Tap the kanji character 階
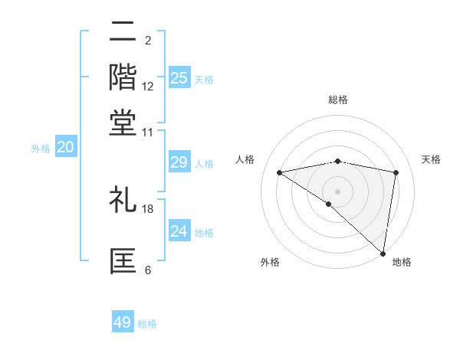tap(123, 77)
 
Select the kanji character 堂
tap(123, 123)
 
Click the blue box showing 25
tap(179, 77)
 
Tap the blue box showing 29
tap(179, 162)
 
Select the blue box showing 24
tap(179, 231)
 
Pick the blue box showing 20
tap(65, 148)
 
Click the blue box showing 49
tap(123, 322)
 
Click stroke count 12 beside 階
tap(148, 86)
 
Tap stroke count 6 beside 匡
tap(148, 270)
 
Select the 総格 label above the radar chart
tap(337, 100)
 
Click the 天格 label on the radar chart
tap(431, 159)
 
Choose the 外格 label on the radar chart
tap(270, 262)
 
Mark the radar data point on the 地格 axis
tap(383, 253)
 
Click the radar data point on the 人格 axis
tap(279, 172)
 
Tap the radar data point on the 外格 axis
tap(328, 204)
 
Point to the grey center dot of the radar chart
tap(337, 191)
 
